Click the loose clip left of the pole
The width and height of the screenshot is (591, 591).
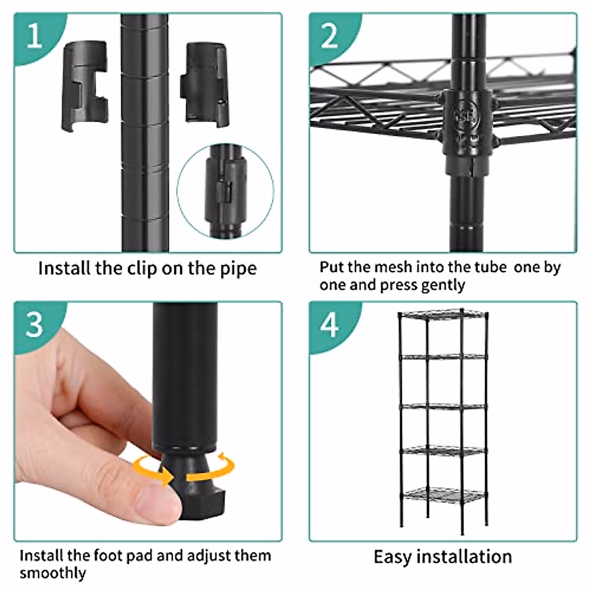(x=85, y=86)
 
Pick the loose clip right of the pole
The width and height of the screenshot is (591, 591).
(x=204, y=85)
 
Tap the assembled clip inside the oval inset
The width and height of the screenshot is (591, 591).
(x=226, y=191)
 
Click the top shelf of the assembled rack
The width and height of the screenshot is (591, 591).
(x=443, y=314)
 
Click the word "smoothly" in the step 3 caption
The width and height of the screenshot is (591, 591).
(x=53, y=573)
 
